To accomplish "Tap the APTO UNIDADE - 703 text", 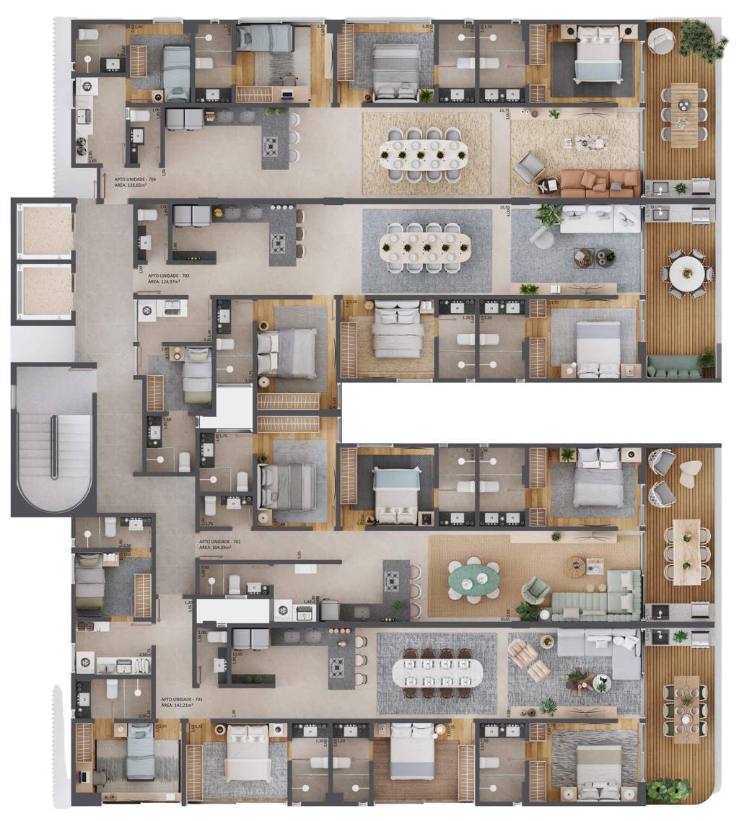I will (x=169, y=276).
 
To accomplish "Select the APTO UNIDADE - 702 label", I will (x=220, y=541).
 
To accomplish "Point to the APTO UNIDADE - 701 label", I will (x=182, y=700).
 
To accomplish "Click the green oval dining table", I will (x=473, y=579).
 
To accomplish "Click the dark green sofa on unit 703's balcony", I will (x=673, y=368).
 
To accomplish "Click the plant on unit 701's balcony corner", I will (x=668, y=789).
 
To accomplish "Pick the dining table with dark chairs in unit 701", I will (x=437, y=672).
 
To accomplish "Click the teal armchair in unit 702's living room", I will (x=536, y=590).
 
